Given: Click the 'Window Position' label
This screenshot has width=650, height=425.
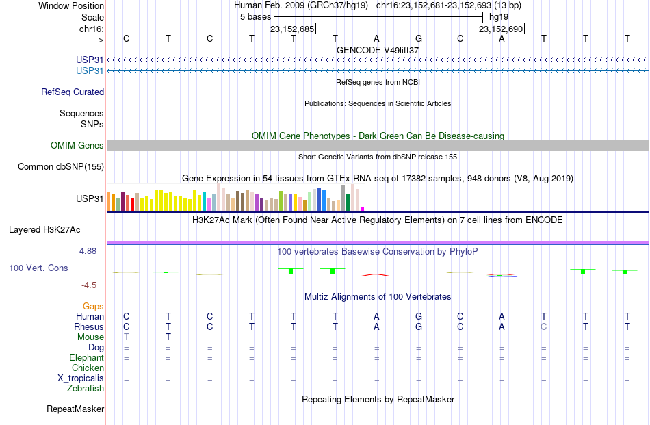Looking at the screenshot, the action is coord(71,5).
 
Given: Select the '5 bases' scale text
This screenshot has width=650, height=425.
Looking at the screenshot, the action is coord(255,17).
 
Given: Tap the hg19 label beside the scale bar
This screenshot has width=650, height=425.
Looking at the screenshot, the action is coord(499,17).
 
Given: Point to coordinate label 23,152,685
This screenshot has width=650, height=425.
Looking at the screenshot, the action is coord(292,29).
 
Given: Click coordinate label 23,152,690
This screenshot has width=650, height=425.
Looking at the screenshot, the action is coord(501,29).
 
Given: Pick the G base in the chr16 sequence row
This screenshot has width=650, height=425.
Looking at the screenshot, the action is coord(419,38).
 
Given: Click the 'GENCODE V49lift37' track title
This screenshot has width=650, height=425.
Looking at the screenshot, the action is coord(378,50).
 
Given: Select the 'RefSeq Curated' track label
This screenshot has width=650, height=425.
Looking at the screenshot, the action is coord(73,92).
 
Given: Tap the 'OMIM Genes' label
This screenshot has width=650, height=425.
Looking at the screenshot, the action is coord(77,146).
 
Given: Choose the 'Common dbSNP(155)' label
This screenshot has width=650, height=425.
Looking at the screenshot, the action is coord(61,167).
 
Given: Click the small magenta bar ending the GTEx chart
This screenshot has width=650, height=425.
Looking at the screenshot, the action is coord(363,209).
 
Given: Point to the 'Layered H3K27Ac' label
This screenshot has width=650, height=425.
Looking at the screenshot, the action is coord(44,230).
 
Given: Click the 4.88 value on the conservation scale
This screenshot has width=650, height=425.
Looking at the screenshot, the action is coord(88,251).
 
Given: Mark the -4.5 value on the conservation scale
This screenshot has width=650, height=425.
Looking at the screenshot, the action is coord(89,285).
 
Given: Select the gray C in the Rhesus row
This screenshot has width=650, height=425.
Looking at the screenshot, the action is coord(544,326).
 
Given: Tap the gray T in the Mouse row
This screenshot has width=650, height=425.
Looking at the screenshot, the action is coord(127,337).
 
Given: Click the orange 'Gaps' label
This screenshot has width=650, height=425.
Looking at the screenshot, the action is coord(93,307).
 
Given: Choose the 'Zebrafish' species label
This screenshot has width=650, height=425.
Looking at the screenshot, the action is coord(86,389).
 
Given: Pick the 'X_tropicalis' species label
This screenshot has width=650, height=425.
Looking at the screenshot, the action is coord(81,378).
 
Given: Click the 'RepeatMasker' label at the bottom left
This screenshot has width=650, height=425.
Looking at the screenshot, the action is coord(75,409).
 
